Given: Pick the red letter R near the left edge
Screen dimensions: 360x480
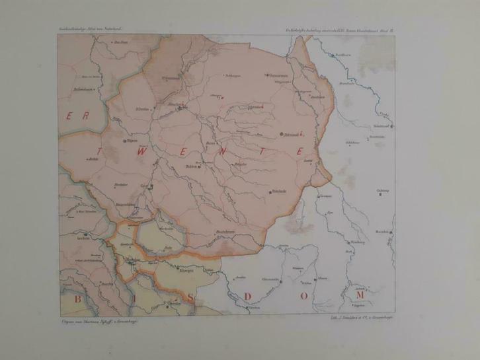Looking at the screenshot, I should coord(86,114).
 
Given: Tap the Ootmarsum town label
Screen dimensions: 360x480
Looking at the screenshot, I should coord(279,76).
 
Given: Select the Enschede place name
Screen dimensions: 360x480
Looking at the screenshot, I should coord(278,192).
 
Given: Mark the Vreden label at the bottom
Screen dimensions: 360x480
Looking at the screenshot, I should coord(252,308).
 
